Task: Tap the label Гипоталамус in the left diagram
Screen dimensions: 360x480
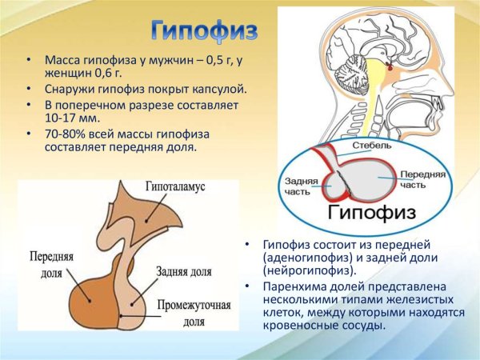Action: coord(175,186)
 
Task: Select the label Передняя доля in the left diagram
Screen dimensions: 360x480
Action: coord(52,265)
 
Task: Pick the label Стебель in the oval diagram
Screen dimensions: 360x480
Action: coord(377,147)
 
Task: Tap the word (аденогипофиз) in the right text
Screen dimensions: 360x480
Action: coord(303,258)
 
